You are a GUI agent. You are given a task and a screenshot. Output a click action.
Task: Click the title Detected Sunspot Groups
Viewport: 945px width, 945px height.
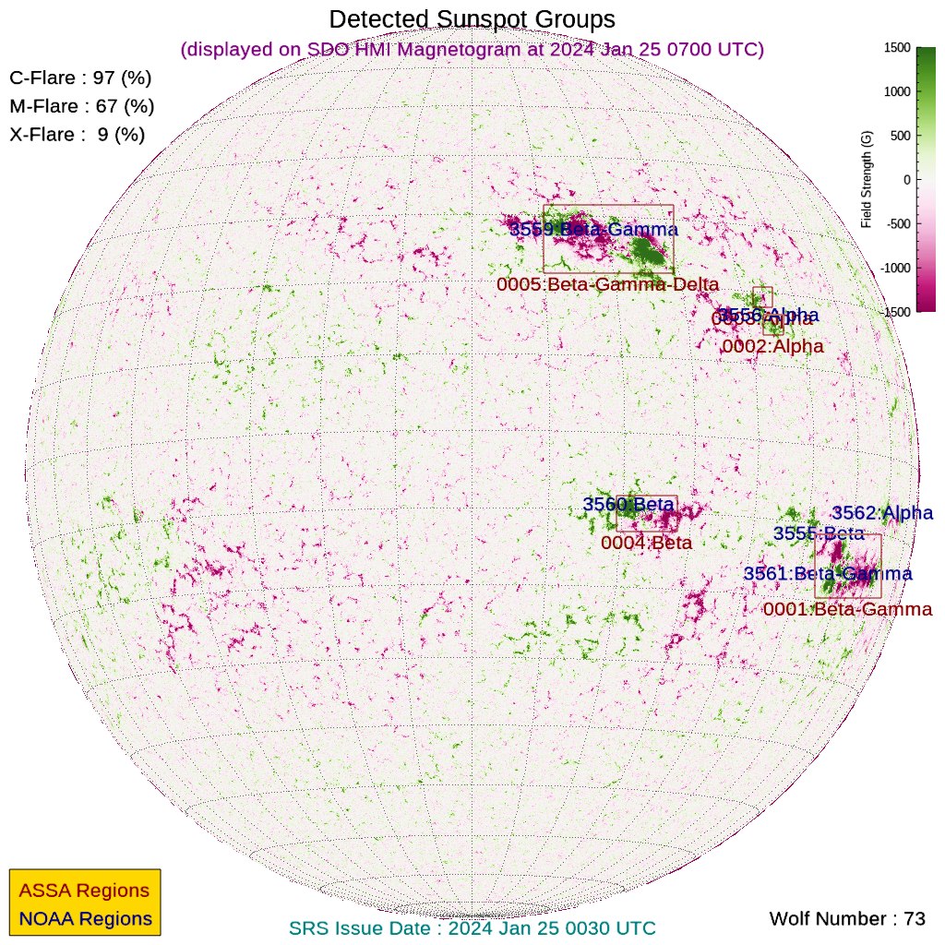point(472,18)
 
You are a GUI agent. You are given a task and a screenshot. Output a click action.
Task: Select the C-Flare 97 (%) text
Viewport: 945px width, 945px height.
point(80,78)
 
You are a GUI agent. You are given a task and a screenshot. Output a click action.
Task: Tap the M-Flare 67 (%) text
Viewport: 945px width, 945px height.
point(81,107)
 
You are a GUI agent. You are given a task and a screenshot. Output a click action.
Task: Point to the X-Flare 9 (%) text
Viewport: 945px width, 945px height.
point(78,135)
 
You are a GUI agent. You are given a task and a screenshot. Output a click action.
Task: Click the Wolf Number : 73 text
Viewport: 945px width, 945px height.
point(847,919)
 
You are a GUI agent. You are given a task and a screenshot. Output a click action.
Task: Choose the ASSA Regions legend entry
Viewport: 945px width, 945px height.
point(84,891)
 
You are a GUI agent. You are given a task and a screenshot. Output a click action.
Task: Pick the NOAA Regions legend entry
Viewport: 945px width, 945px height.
point(85,919)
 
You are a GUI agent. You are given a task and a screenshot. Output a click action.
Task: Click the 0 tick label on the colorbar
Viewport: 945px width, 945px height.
point(906,180)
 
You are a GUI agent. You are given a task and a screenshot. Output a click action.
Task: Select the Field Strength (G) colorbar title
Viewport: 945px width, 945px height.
point(867,180)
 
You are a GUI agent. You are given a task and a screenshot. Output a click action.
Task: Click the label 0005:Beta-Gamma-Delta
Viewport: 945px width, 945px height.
point(607,285)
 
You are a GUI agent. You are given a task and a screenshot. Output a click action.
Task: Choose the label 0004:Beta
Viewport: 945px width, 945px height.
point(646,544)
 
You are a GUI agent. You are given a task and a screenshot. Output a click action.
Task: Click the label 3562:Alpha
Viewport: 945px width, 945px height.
point(882,513)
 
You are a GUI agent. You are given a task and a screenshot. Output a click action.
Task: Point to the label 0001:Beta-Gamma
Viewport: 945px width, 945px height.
point(847,610)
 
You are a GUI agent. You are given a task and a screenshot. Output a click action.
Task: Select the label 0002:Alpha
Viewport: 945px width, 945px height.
point(772,347)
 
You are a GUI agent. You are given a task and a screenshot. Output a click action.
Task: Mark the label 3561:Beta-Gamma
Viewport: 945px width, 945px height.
point(828,574)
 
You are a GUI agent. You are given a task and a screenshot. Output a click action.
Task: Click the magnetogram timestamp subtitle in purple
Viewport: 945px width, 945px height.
point(472,49)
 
